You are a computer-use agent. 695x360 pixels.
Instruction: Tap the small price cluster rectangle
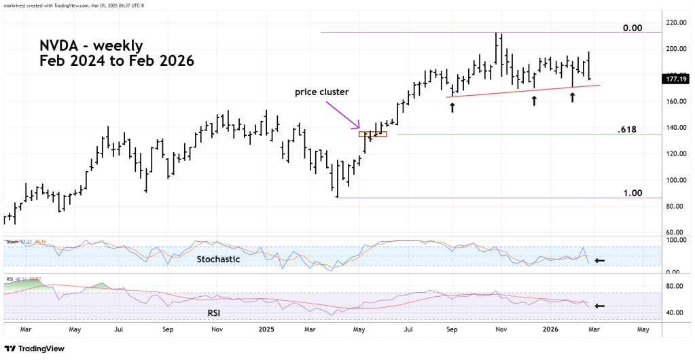tap(372, 134)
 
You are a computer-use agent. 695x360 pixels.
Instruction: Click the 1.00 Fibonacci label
tap(632, 193)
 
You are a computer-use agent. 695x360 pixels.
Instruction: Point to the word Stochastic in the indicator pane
tap(219, 259)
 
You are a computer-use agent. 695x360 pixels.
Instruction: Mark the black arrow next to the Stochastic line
tap(600, 260)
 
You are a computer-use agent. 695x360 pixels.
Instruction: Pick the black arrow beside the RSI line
tap(600, 306)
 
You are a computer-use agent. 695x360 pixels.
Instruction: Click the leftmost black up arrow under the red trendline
tap(452, 107)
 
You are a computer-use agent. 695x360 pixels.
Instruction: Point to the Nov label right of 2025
tap(501, 329)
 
